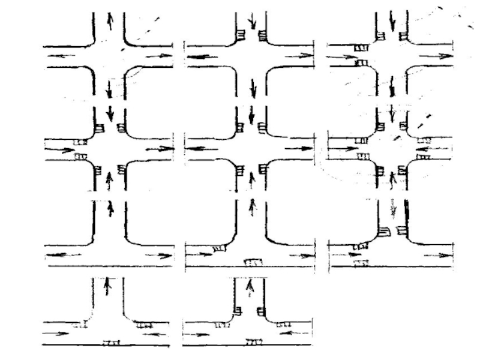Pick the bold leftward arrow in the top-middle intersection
point(202,57)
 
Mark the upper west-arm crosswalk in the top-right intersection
point(360,47)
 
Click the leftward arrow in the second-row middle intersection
point(202,148)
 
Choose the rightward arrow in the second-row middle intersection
point(298,148)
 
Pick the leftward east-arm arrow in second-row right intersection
point(433,148)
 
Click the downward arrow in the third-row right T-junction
point(393,208)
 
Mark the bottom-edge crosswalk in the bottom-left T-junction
point(110,343)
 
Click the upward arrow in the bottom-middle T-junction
point(251,288)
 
